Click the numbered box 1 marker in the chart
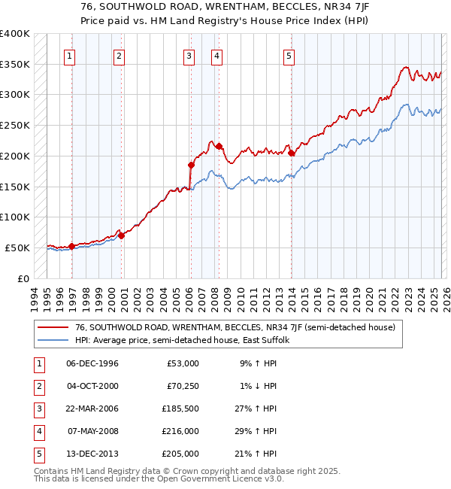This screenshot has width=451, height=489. (69, 55)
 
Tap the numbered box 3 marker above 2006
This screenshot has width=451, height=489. (189, 55)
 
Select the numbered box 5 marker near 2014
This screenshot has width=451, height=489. (289, 55)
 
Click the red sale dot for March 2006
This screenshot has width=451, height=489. (191, 165)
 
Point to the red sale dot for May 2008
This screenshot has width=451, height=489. (219, 146)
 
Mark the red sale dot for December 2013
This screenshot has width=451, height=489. (291, 153)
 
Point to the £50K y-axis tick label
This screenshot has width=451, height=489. (17, 248)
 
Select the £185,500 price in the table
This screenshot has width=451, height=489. (183, 410)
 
